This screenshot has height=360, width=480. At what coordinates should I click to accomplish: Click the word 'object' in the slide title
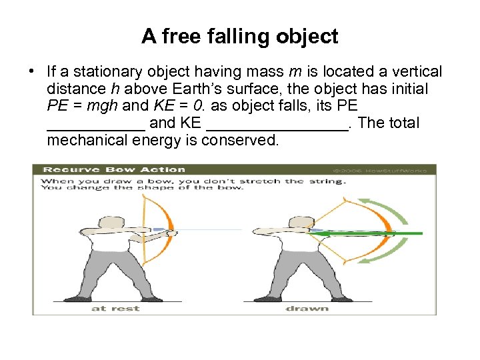[309, 36]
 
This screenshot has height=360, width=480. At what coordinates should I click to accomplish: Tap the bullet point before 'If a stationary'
[33, 71]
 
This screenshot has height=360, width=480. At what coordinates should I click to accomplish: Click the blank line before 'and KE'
[96, 124]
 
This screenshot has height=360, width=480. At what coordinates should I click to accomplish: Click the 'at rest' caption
[108, 308]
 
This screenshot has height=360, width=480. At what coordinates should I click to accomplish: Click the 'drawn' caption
[307, 308]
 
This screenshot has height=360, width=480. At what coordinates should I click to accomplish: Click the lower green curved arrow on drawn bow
[396, 261]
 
